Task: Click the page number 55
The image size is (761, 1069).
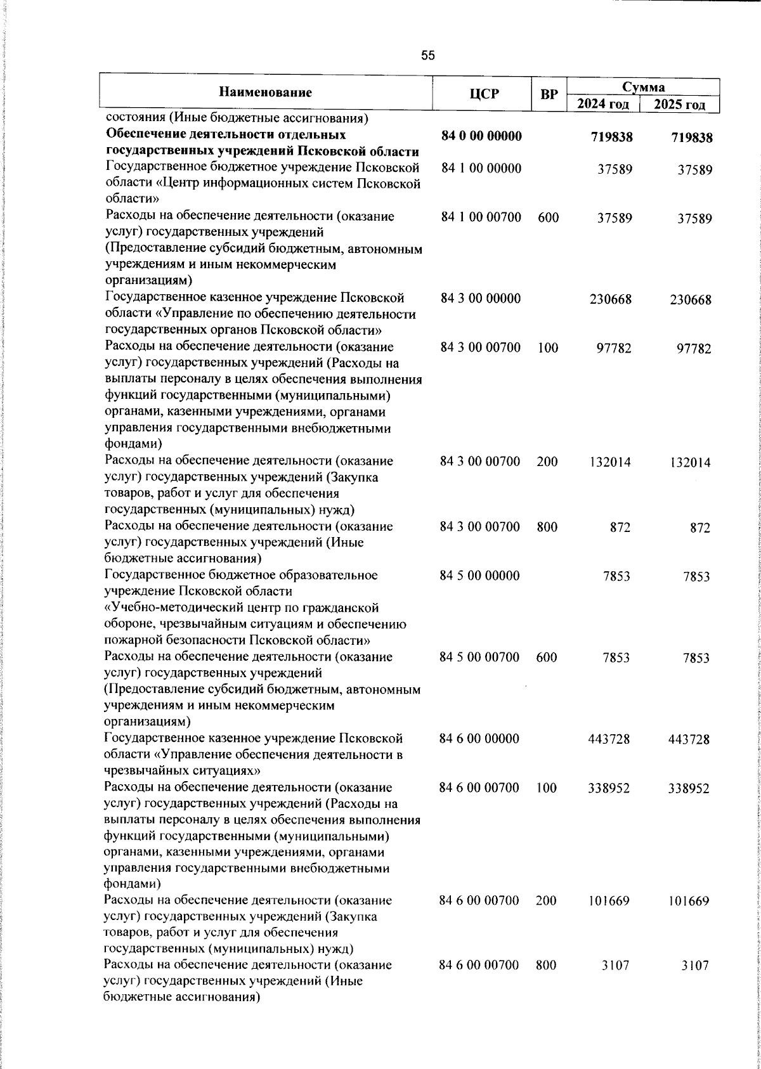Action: click(428, 56)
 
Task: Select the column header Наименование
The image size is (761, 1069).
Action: click(266, 93)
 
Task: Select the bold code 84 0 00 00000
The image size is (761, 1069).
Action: click(481, 136)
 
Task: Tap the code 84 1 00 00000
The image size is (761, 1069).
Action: click(481, 169)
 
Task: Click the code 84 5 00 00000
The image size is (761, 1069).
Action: click(479, 576)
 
